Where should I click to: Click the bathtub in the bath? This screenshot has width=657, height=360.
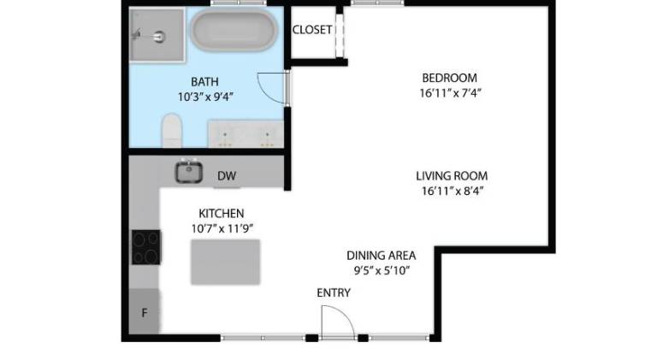[x=234, y=31]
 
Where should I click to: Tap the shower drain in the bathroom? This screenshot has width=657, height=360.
[x=159, y=37]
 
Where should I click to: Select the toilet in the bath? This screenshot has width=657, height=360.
[x=172, y=130]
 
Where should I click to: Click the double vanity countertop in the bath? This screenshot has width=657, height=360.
[x=246, y=134]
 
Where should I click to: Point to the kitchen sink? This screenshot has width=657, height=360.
[x=189, y=172]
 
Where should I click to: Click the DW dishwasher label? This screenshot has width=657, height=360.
[x=227, y=176]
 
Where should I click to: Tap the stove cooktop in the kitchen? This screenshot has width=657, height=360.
[x=145, y=247]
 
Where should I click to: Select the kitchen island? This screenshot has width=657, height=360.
[x=226, y=262]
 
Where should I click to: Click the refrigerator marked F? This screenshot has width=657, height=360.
[x=144, y=311]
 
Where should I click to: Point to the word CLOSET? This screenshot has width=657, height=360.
[x=312, y=30]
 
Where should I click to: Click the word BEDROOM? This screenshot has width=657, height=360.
[x=450, y=78]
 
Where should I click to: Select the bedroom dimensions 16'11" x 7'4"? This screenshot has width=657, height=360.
[x=451, y=93]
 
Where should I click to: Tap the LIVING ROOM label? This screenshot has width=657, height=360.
[x=452, y=176]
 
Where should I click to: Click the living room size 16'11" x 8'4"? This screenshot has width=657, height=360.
[x=453, y=192]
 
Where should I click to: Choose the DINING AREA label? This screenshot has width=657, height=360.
[x=382, y=256]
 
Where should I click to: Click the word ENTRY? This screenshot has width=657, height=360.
[x=334, y=292]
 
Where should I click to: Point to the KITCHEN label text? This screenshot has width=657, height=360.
[x=222, y=214]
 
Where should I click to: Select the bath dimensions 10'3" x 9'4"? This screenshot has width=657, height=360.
[x=205, y=97]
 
